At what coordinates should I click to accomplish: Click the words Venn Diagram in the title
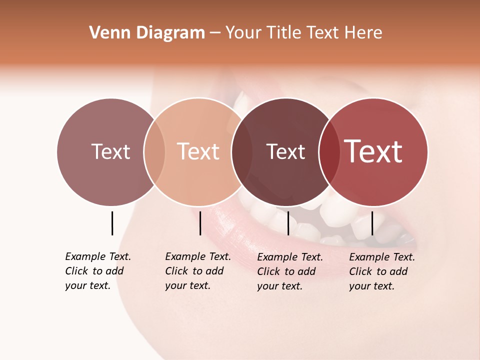tap(147, 33)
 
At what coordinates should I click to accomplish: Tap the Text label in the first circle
tap(110, 151)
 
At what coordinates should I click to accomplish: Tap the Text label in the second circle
tap(198, 151)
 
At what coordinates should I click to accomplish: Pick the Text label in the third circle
tap(285, 151)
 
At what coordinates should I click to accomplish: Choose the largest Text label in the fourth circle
tap(373, 151)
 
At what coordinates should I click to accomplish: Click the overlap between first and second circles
tap(154, 151)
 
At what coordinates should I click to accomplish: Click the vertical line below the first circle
tap(112, 223)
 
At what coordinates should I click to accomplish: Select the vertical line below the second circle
tap(200, 223)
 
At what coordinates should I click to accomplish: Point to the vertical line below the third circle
tap(288, 223)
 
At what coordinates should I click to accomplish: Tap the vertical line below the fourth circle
tap(372, 223)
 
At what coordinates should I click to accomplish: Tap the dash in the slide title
tap(215, 33)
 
